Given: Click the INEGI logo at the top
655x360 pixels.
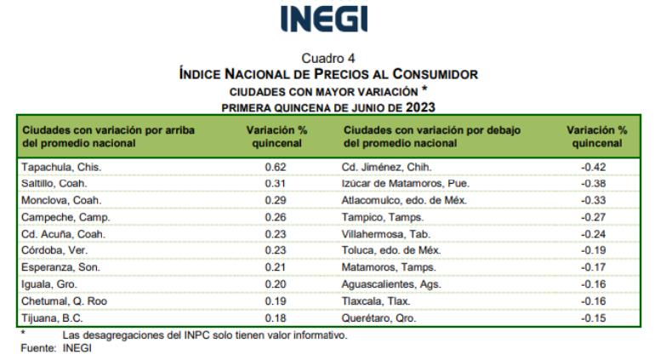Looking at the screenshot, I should pos(327,20).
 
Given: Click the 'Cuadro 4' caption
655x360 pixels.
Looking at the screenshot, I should pos(327,59).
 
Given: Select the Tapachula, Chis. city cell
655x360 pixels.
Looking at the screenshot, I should pos(54,167).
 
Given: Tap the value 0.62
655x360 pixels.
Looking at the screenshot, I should pos(276,167).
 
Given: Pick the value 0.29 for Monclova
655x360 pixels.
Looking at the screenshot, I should pos(276,200).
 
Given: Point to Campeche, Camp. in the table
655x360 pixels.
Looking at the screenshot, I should pos(57,217).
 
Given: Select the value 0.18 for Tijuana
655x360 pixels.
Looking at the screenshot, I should pos(276,317).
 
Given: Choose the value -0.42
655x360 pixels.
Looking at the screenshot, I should pos(596,167).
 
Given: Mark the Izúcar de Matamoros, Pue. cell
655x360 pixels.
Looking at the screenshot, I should pos(405,183).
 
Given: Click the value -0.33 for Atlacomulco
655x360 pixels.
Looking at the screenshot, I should pos(596,200).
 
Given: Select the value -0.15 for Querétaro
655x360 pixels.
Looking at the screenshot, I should pos(596,317).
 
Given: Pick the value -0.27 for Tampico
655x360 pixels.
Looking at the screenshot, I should pos(596,217).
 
